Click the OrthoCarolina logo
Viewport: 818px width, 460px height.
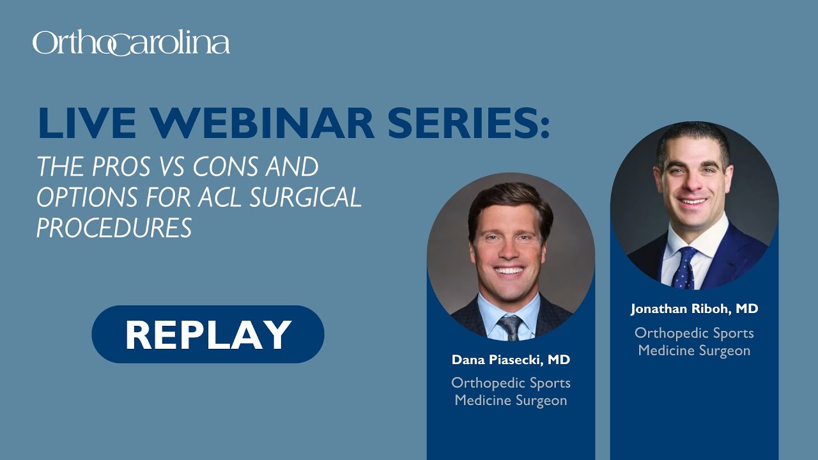click(131, 43)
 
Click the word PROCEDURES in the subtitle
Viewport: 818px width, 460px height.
click(114, 227)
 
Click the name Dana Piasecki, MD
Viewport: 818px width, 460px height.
click(511, 360)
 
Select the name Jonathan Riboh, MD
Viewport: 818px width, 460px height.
click(694, 309)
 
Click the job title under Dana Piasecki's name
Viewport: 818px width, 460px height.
click(511, 392)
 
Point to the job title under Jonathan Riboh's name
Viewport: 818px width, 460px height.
click(694, 342)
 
